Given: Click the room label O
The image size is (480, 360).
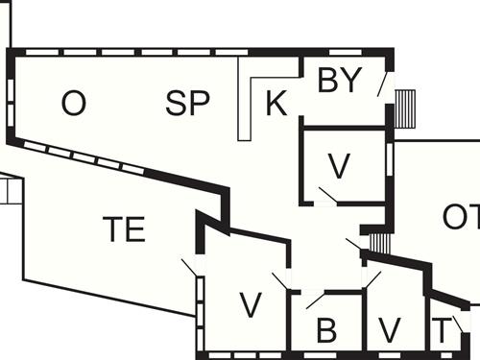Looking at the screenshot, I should tap(73, 103).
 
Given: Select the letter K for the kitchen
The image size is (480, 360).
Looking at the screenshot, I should tap(276, 104).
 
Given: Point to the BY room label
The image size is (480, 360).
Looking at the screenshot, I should tap(340, 81).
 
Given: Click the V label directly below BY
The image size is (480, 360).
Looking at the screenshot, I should tap(338, 166).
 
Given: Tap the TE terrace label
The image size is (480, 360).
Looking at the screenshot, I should tap(124, 229).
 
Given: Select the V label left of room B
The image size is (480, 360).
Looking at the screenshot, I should tap(251, 305).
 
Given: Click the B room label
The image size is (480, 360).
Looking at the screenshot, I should tap(326, 331).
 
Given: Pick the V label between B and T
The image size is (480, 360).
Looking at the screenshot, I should tap(389, 329).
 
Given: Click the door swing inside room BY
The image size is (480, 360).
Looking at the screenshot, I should tap(383, 85).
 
